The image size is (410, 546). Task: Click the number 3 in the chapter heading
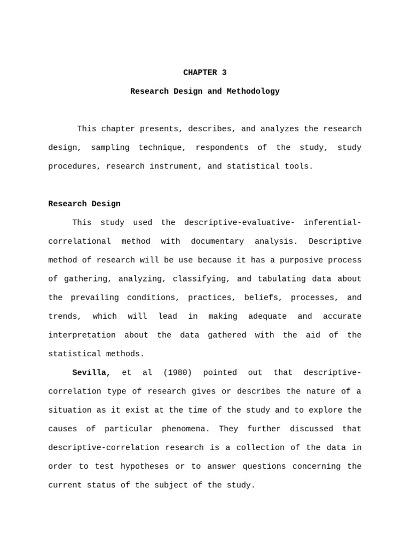224,73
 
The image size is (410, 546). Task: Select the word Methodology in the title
253,92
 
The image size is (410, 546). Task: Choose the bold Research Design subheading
84,204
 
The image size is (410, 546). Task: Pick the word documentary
217,242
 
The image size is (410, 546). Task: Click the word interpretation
82,335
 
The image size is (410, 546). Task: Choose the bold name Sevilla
91,373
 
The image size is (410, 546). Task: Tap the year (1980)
177,373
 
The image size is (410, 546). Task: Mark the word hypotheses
145,467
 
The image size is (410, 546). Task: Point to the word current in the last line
65,485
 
